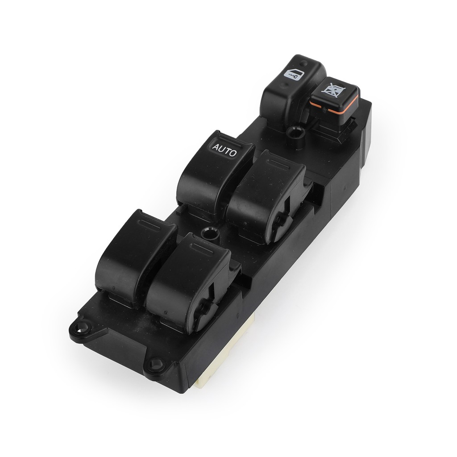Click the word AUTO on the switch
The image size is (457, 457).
[224, 150]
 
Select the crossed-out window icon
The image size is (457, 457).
[333, 89]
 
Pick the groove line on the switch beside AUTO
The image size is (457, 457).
[278, 165]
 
